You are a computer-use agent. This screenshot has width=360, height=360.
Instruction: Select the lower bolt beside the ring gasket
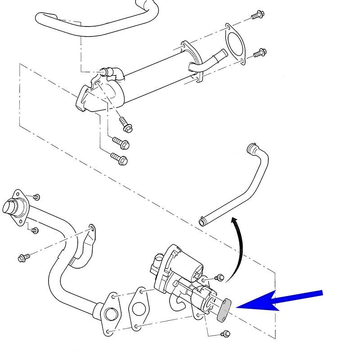[x=258, y=53]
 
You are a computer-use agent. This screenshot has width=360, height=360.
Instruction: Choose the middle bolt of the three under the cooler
[x=121, y=143]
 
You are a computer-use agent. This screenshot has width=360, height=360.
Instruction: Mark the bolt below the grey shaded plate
[x=226, y=333]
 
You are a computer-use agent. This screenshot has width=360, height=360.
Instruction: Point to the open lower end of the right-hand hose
[x=203, y=221]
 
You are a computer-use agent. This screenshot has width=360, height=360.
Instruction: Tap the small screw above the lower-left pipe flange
[x=36, y=197]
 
